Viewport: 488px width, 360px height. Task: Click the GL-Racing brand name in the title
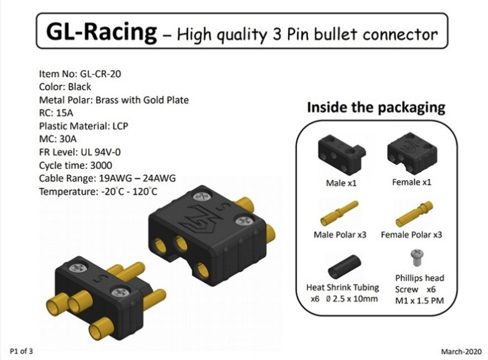click(102, 32)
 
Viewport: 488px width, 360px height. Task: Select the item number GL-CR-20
click(101, 74)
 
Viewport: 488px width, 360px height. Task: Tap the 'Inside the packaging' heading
click(376, 108)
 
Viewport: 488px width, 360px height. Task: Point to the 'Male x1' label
click(341, 183)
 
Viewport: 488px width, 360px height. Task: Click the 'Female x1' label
click(412, 182)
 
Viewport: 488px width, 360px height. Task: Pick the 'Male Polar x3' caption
click(340, 235)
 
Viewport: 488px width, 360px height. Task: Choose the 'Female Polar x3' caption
click(411, 235)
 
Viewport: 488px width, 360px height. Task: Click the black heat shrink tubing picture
click(344, 267)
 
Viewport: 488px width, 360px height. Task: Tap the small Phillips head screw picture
click(417, 257)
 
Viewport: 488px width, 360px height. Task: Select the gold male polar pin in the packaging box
click(339, 213)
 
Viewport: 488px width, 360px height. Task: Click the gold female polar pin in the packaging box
click(414, 214)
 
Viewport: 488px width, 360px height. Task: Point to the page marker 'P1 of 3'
click(21, 351)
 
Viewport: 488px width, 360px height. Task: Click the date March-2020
click(461, 351)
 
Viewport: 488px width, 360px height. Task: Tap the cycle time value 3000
click(101, 165)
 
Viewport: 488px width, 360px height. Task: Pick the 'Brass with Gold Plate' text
click(142, 100)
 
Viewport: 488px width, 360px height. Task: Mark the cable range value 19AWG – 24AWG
click(137, 178)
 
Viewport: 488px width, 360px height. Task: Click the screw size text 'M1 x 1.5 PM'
click(419, 301)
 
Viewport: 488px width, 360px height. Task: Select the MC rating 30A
click(68, 139)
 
